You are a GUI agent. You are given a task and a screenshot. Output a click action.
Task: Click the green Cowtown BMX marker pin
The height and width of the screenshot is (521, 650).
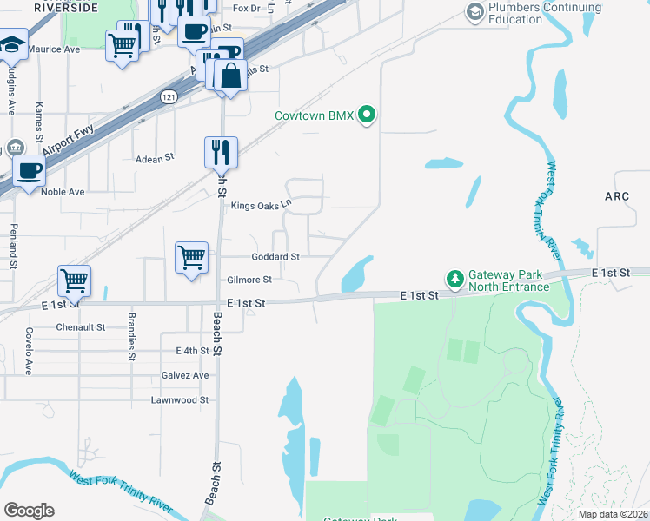pos(367,115)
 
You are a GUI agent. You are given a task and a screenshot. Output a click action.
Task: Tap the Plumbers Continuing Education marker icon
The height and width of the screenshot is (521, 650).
pos(474,12)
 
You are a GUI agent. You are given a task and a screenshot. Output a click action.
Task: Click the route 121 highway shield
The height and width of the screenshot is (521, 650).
pos(169,98)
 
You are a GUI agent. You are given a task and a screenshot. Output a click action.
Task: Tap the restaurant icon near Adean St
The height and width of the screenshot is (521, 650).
pos(221,152)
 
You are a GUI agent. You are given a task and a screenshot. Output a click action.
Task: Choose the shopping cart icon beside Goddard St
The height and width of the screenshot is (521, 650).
pos(191,257)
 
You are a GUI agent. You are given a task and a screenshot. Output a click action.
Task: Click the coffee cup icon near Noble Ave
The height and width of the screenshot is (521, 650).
pos(29,169)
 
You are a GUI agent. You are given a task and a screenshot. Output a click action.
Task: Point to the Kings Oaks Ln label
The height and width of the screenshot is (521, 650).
pos(260,206)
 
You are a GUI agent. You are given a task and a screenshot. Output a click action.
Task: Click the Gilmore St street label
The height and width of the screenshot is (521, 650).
pos(249,280)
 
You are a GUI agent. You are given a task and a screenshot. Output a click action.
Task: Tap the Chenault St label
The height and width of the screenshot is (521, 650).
pos(80,327)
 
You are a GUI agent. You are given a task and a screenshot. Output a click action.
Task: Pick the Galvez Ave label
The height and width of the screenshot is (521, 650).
pos(185,375)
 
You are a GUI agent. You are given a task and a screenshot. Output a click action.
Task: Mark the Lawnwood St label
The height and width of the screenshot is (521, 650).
pos(180,400)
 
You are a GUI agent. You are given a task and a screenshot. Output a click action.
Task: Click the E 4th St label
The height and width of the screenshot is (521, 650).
pos(192,351)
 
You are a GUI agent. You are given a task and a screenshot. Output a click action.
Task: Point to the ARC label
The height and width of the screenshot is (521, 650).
pos(616,196)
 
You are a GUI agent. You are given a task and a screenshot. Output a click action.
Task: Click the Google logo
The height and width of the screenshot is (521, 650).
pos(29,510)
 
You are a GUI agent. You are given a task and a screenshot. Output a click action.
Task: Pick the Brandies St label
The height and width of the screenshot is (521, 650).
pos(131,336)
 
